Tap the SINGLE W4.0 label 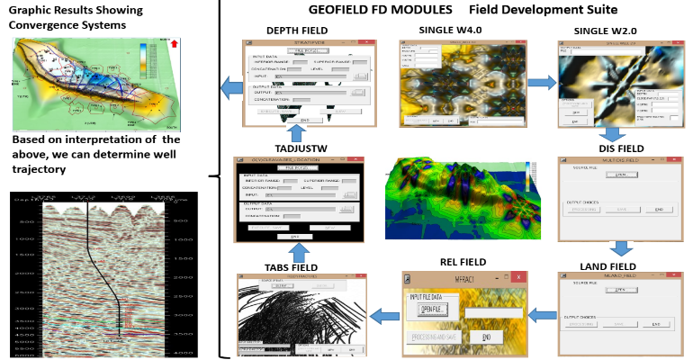pyautogui.click(x=450, y=31)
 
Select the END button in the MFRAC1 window pyautogui.click(x=486, y=336)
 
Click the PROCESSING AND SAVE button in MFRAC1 pyautogui.click(x=434, y=336)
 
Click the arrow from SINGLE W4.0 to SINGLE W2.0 pyautogui.click(x=542, y=82)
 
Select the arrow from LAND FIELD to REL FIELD pyautogui.click(x=540, y=314)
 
